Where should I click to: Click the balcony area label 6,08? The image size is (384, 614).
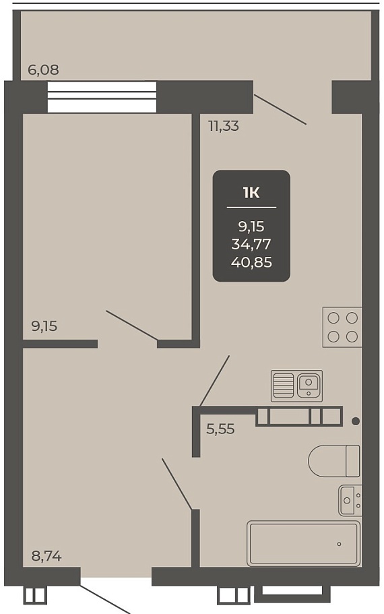coord(43,69)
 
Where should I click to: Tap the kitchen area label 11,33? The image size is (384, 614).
coord(224,126)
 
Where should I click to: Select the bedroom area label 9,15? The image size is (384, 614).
coord(44,326)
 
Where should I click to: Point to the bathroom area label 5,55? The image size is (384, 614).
coord(220,429)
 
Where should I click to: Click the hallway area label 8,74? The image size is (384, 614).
coord(46,556)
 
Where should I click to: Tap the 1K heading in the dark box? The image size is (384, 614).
coord(251,193)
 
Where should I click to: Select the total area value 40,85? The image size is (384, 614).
coord(251,262)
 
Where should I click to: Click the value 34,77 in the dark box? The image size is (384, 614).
coord(251,245)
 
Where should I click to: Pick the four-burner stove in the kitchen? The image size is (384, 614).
coord(342,327)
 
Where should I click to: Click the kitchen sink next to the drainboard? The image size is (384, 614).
coord(309,386)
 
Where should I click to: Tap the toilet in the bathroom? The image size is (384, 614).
coord(334,460)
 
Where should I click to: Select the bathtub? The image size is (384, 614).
coord(303,543)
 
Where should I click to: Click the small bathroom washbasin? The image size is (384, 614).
coord(350,500)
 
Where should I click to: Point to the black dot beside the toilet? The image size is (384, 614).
coord(356,421)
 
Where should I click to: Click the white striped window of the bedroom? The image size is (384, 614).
coord(102,97)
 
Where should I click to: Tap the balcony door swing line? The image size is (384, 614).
coord(280,110)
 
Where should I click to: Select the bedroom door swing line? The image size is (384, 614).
coord(132,326)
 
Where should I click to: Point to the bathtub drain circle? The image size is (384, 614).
coord(339,544)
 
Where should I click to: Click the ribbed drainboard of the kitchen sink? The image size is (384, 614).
coord(283,386)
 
